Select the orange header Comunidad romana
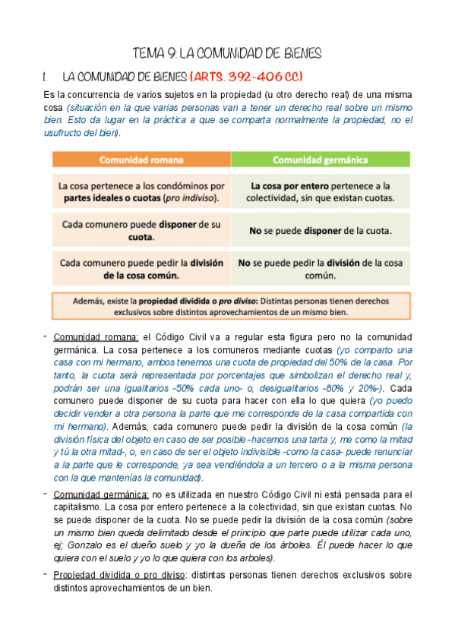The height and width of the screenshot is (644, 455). coord(141,160)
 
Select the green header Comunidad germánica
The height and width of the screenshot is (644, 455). coord(320,160)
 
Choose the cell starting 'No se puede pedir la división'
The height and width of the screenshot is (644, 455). coord(320,269)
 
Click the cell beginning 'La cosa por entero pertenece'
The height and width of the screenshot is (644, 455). coord(320,191)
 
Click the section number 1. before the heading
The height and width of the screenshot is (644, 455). coord(48,77)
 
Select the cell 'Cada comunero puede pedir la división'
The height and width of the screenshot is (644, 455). coord(141,269)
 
